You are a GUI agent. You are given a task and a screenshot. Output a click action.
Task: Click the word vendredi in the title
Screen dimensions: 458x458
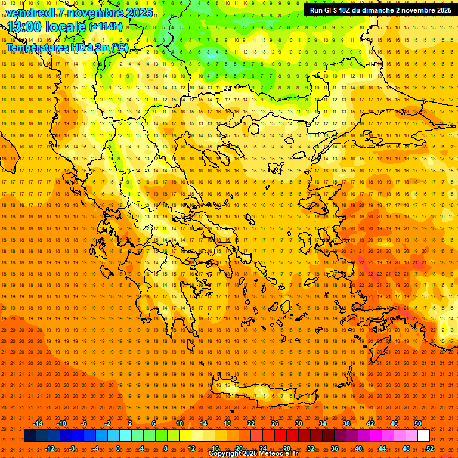[30, 13]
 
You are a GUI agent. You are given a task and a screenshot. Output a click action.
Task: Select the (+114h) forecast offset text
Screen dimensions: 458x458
[106, 27]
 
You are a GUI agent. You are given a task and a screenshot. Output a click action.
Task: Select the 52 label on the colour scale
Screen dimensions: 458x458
[430, 448]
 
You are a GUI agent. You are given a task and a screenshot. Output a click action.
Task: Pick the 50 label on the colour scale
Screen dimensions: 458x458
[417, 423]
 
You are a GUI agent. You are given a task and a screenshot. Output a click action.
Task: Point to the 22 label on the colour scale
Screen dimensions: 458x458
[251, 423]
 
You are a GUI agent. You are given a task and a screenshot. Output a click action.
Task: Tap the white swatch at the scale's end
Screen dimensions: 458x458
[423, 436]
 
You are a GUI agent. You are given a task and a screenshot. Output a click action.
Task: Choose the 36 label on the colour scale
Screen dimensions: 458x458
[335, 448]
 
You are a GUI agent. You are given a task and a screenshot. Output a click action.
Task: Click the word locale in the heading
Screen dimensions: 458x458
[67, 27]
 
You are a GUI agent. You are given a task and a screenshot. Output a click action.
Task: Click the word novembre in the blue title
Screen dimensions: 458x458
[95, 13]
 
